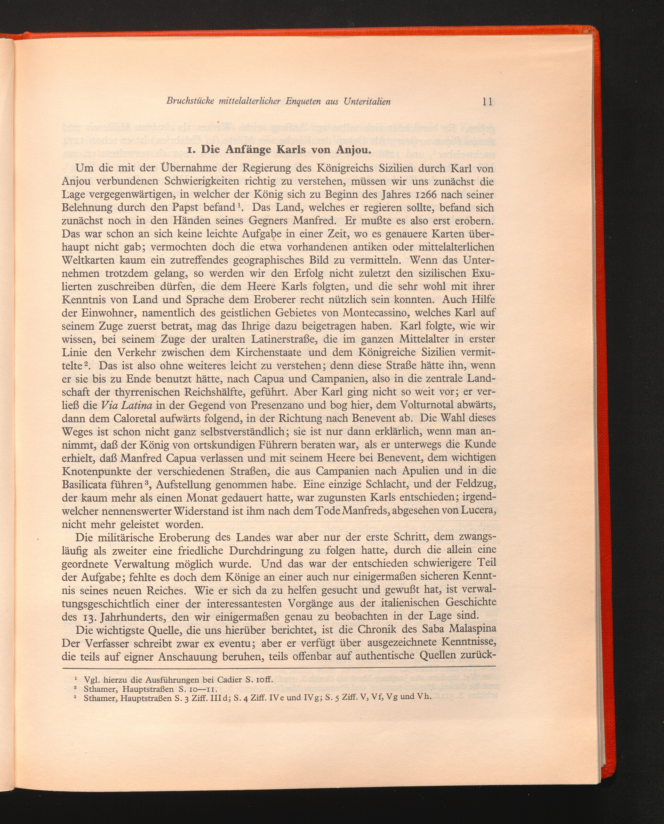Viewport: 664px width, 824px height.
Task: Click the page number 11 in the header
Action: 487,102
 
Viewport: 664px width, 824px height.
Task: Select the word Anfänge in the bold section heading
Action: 249,149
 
